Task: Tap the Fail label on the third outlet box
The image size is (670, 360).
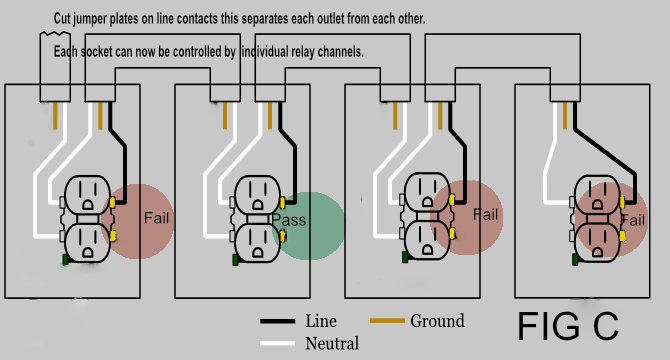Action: coord(485,214)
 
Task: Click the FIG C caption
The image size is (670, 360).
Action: coord(567,326)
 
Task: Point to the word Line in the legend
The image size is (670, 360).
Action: coord(321,321)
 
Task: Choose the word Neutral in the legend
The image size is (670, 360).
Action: coord(331,343)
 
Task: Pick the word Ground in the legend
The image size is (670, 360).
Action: coord(437,321)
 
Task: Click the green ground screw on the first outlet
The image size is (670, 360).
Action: coord(65,260)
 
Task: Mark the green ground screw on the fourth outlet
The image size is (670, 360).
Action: coord(575,260)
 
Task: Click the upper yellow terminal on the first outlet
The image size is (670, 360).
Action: coord(113,201)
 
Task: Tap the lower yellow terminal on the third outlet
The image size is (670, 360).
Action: coord(452,237)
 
